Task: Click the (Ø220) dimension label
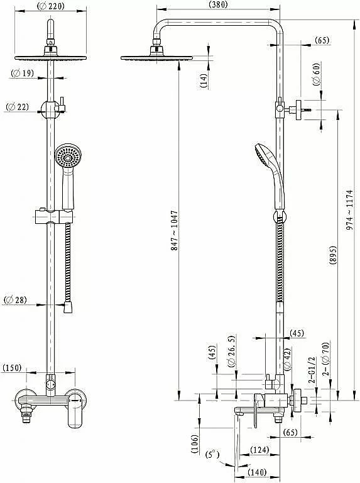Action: click(51, 6)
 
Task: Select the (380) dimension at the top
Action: click(218, 4)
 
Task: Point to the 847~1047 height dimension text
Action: click(175, 230)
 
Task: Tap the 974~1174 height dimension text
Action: click(350, 210)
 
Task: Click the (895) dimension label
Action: click(332, 256)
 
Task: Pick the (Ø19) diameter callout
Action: click(22, 74)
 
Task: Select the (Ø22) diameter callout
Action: click(18, 107)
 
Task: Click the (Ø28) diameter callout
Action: click(15, 300)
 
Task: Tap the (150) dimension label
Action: click(12, 368)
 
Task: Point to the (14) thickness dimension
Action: click(204, 80)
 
